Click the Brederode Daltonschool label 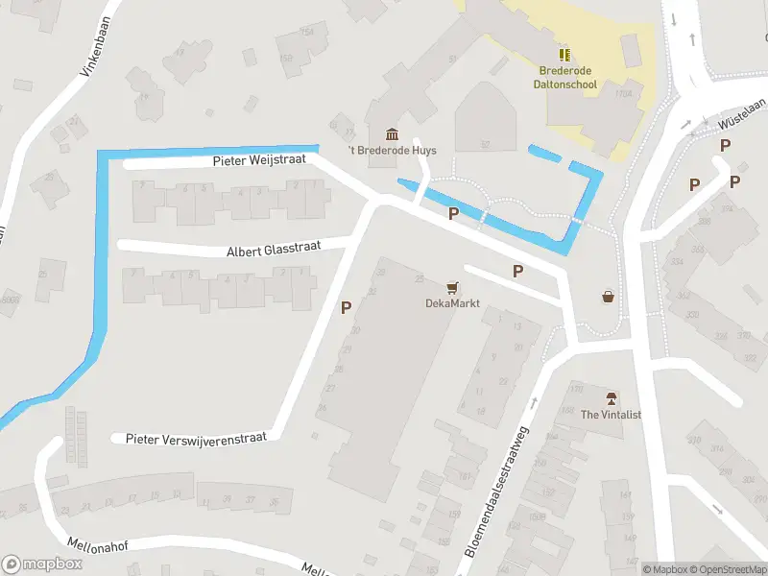tap(564, 78)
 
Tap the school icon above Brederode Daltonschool tap(564, 55)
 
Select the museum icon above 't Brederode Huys tap(391, 133)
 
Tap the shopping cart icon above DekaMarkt tap(452, 287)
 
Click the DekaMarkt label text tap(452, 303)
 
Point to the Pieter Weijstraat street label tap(259, 160)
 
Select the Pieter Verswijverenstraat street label tap(198, 438)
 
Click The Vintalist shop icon tap(611, 398)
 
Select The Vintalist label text tap(611, 415)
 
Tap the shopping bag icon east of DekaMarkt tap(608, 297)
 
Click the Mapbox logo tap(41, 564)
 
